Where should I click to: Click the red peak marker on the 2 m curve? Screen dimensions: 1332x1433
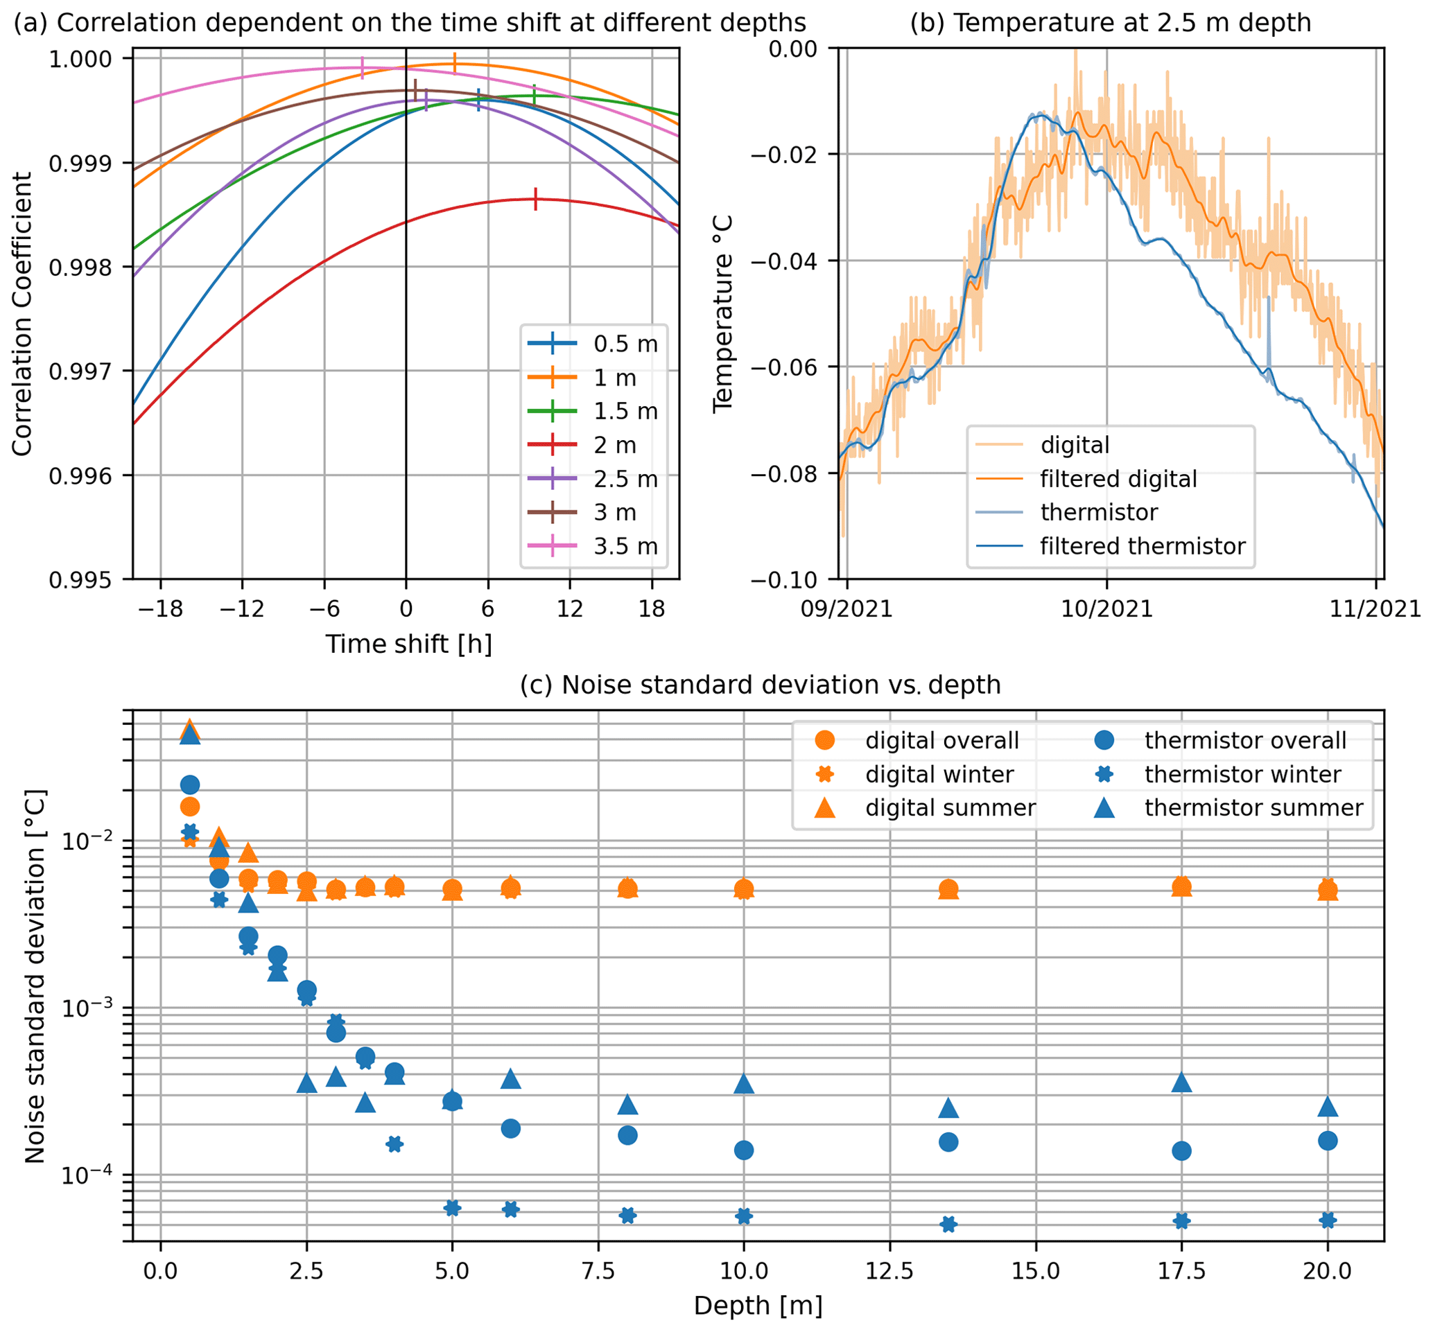point(536,199)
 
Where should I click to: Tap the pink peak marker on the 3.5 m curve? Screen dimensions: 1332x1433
point(362,68)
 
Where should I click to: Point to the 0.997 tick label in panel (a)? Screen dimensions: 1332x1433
point(80,371)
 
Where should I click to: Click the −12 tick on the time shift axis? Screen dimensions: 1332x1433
point(242,608)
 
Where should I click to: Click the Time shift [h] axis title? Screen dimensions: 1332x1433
point(409,643)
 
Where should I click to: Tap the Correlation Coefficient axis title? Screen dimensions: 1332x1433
point(21,313)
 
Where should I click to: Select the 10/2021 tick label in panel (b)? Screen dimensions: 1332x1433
point(1106,608)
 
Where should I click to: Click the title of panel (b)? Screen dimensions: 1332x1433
point(1110,23)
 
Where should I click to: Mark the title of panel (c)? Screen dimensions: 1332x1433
point(761,685)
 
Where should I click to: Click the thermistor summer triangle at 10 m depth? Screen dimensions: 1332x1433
point(744,1083)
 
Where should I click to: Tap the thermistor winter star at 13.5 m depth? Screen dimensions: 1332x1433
point(948,1224)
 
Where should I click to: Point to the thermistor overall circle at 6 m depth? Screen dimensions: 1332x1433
point(510,1128)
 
